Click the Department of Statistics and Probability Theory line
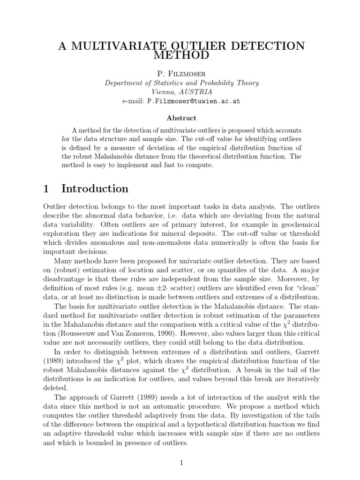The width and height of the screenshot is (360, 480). [x=181, y=83]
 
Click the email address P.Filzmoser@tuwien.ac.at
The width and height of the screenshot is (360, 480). [x=193, y=101]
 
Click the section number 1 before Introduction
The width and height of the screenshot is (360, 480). [x=46, y=189]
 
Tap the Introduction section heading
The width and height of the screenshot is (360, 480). [x=95, y=189]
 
